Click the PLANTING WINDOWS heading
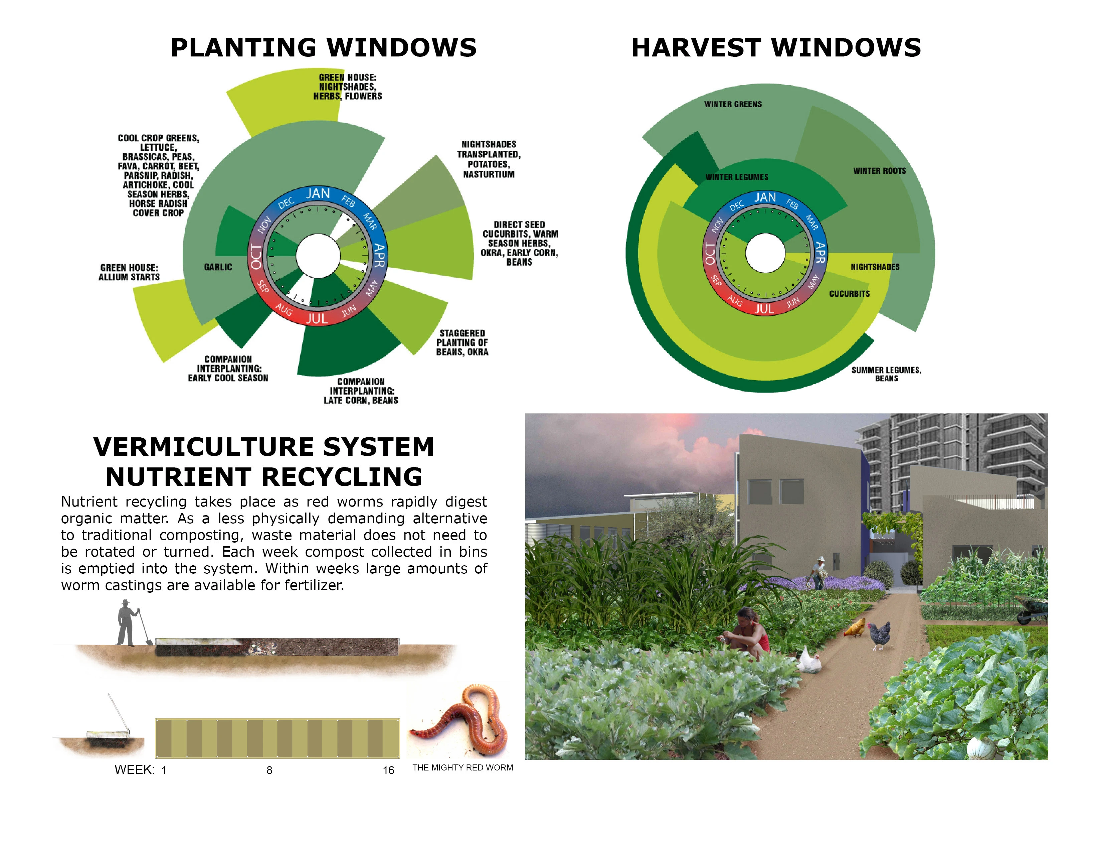click(324, 48)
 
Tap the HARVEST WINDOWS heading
click(776, 48)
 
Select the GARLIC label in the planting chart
click(218, 267)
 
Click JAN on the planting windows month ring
click(318, 193)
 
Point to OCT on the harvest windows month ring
click(710, 253)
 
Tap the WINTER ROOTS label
click(880, 171)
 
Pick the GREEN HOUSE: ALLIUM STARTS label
click(129, 273)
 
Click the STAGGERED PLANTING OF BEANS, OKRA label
click(462, 343)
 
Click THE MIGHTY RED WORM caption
click(463, 768)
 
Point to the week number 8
click(269, 770)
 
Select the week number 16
click(388, 770)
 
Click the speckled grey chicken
click(879, 635)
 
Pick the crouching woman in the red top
click(748, 633)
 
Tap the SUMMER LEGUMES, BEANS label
click(887, 374)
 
